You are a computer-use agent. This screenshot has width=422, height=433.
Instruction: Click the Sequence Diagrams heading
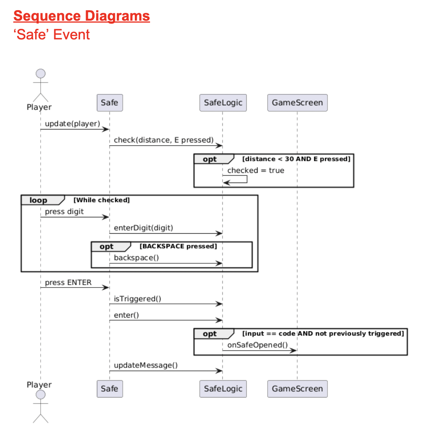82,16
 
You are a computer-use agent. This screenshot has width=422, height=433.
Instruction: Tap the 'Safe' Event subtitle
52,35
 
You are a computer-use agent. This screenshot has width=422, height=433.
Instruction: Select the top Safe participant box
109,103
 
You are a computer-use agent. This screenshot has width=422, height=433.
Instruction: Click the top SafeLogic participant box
223,103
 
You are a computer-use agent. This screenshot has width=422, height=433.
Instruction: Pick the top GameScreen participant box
297,103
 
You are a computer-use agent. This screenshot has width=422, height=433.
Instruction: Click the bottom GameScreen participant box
297,389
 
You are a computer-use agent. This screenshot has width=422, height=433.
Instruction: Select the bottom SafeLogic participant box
223,389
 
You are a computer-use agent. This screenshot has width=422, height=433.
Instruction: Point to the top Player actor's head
40,73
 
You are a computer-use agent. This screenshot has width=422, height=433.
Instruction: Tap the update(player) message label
72,124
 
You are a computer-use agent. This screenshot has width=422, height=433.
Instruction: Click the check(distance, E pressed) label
163,140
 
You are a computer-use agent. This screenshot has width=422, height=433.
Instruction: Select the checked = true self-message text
256,170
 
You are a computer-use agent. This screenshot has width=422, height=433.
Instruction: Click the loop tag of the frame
38,201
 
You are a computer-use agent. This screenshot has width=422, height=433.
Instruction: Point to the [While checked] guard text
101,200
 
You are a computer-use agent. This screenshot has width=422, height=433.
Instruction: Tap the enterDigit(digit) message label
143,227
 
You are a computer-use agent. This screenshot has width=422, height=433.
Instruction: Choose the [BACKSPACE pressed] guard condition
178,247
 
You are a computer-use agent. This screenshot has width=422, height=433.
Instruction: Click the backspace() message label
136,258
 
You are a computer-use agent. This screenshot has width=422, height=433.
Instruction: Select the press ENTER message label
68,282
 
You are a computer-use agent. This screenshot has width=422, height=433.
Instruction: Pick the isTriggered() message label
137,299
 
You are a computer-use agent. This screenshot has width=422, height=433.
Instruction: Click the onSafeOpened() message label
257,345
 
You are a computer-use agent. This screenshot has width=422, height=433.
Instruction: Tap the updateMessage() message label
145,366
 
